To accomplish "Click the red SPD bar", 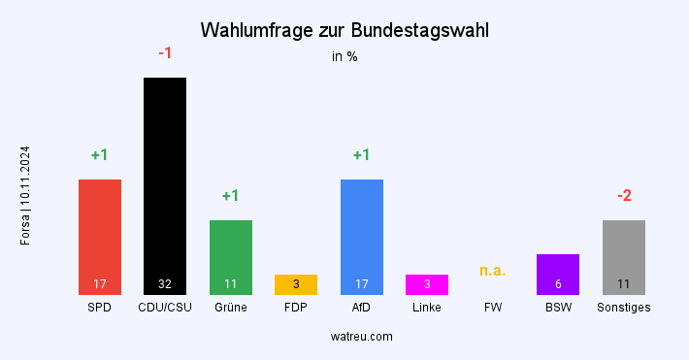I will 100,233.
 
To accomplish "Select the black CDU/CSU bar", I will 165,184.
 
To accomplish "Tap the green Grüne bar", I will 231,254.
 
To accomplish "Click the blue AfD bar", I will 362,233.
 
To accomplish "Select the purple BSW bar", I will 558,272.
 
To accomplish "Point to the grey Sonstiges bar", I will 624,254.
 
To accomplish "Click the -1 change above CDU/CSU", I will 165,53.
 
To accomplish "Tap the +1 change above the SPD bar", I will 100,155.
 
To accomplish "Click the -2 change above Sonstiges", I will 624,196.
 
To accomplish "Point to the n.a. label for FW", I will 493,271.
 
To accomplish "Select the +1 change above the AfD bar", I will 362,155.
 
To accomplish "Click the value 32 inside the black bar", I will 165,284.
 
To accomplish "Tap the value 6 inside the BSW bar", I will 558,284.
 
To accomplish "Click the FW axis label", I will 493,308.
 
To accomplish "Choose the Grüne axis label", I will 231,308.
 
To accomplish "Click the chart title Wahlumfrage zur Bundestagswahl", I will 344,31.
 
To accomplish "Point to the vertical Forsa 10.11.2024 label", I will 25,195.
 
